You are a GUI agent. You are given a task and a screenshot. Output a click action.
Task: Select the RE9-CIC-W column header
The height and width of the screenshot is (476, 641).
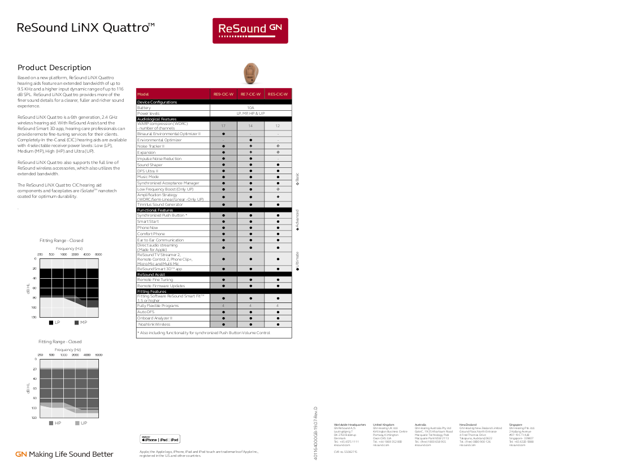pos(223,94)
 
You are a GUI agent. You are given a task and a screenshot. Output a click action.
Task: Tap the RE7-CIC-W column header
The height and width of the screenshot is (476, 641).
pos(250,94)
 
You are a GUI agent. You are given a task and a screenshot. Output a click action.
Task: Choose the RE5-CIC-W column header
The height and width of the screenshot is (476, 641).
pos(278,94)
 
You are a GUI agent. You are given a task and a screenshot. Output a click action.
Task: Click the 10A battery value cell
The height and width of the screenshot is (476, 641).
pos(250,107)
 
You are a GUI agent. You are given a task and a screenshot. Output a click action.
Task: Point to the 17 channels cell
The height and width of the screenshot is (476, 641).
pos(223,126)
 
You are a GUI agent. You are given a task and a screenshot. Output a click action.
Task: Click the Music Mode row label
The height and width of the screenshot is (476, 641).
pos(148,177)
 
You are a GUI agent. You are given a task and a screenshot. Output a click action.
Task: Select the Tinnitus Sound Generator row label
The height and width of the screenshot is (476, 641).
pos(160,205)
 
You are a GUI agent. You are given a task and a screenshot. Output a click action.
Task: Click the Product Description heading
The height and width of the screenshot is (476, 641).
pos(54,68)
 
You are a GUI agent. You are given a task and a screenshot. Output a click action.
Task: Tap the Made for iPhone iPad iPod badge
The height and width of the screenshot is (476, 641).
pos(160,439)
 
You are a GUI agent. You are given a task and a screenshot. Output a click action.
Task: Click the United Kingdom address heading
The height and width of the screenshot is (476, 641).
pos(384,425)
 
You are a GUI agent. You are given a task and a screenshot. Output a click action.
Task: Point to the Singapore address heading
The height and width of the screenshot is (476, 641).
pos(516,425)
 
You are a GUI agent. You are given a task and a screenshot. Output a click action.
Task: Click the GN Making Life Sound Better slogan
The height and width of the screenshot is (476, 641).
pos(64,455)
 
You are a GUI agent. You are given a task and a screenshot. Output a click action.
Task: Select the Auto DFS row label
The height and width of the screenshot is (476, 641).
pos(146,312)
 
